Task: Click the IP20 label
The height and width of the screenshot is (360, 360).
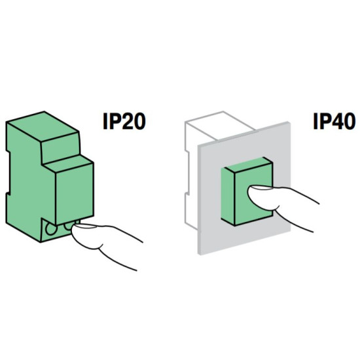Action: (x=124, y=122)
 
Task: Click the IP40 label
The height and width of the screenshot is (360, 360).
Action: (x=334, y=122)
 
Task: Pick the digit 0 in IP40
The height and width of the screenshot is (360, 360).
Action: (x=349, y=122)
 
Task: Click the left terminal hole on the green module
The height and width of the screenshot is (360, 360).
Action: (x=51, y=228)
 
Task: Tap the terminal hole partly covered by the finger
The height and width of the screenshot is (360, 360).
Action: (x=69, y=226)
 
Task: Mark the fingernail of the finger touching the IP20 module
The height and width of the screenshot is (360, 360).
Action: (x=85, y=226)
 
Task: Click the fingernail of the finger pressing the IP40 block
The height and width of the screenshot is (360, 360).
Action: (x=261, y=188)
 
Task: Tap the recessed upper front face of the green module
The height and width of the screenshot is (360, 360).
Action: (x=61, y=149)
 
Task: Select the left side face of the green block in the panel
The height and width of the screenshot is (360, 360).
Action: (x=228, y=196)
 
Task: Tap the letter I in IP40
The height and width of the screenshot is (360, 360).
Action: (x=316, y=122)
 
